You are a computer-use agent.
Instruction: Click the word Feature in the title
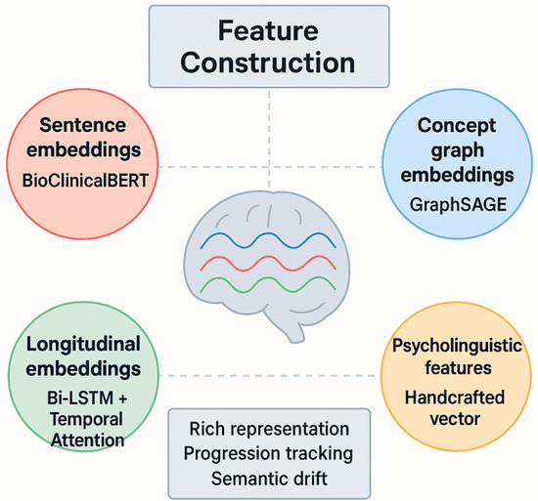tap(268, 31)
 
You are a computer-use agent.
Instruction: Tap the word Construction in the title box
tap(268, 63)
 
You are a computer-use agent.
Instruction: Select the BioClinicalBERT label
tap(85, 181)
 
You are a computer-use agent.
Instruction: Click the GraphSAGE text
tap(458, 204)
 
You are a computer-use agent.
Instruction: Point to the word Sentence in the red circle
tap(83, 125)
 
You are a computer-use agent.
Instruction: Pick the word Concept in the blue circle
tap(457, 126)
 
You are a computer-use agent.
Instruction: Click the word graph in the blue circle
tap(457, 151)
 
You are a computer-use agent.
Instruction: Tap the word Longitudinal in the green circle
tap(83, 344)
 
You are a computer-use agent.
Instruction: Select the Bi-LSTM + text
tap(87, 397)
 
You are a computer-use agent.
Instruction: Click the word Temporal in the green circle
tap(86, 419)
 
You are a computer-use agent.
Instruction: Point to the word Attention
tap(87, 440)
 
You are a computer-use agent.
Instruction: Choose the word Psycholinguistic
tap(457, 346)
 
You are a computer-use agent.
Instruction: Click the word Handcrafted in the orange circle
tap(455, 397)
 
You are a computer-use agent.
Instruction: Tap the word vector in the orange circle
tap(455, 419)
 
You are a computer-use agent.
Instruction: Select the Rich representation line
tap(269, 429)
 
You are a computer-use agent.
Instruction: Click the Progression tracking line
tap(268, 454)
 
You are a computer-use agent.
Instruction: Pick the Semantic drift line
tap(269, 479)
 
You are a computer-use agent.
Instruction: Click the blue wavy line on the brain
tap(268, 240)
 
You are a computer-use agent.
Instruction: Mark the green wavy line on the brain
tap(268, 284)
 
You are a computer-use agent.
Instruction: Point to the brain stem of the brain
tap(292, 331)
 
